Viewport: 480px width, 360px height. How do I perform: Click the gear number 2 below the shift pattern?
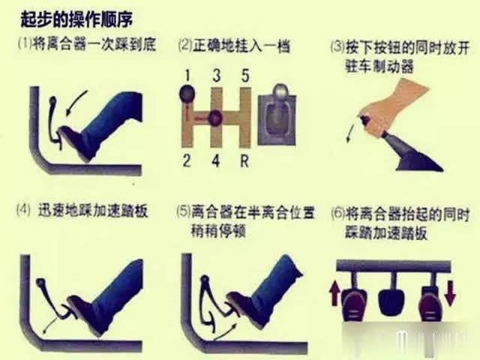(185, 159)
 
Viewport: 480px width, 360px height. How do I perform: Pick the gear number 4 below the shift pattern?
(217, 159)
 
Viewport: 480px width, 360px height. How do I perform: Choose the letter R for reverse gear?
(245, 159)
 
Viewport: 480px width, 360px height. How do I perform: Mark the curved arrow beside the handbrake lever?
(349, 132)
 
